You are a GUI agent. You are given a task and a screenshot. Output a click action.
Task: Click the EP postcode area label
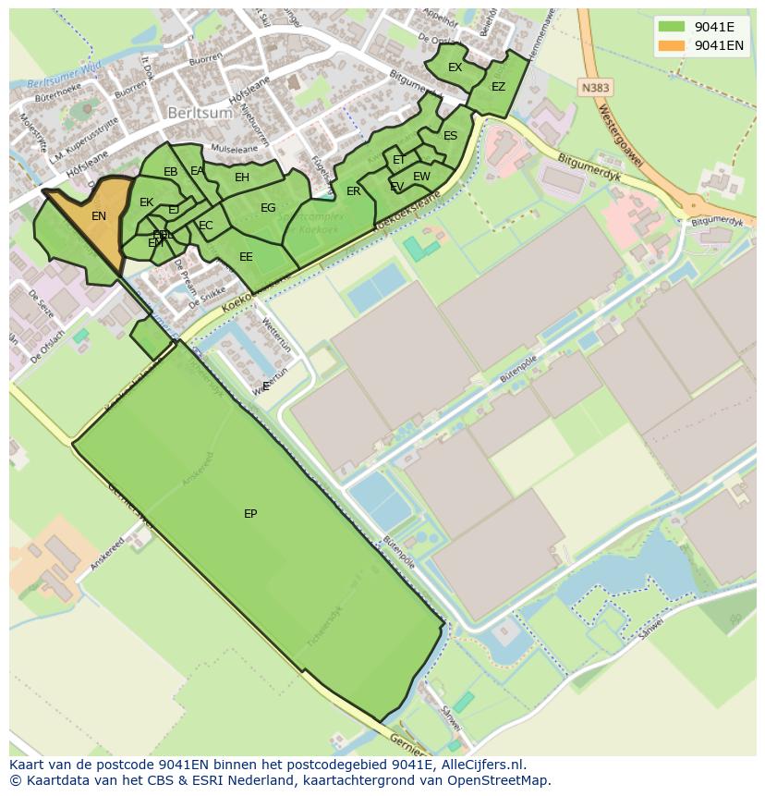point(250,514)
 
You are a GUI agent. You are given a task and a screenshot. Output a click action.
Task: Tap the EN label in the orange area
point(99,216)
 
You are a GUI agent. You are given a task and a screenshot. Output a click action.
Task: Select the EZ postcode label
point(498,87)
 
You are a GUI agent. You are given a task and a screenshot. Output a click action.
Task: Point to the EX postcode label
point(455,67)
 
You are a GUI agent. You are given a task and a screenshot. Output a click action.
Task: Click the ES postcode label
point(450,136)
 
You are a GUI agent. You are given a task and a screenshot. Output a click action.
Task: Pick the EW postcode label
point(421,177)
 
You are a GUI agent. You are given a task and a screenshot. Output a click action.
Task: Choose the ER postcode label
point(353,191)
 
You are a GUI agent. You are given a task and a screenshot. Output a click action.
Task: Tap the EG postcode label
point(268,208)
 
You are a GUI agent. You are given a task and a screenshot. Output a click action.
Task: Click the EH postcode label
point(242,178)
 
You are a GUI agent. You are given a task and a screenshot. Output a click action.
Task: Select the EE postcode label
point(246,257)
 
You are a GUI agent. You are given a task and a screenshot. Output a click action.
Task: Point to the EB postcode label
point(170,172)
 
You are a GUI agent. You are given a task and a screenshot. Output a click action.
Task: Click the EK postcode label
point(146,202)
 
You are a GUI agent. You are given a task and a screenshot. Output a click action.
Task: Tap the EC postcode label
point(205,226)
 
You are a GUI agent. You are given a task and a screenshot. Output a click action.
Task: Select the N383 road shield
point(595,87)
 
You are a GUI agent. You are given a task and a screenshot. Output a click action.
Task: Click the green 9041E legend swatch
point(672,26)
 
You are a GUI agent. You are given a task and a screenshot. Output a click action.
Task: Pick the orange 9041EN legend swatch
point(672,45)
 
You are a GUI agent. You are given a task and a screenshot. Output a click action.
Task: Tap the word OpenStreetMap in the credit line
point(504,780)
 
